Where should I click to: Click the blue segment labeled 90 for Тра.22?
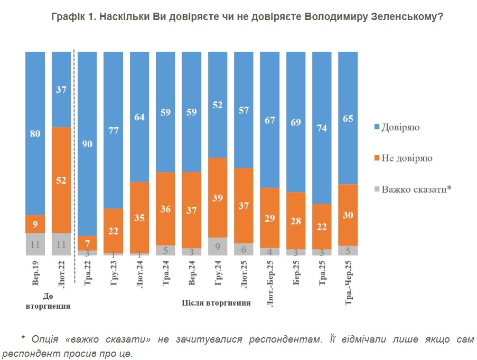[87, 143]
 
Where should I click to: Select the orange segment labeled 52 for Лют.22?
[61, 179]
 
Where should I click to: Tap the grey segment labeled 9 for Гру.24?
[217, 246]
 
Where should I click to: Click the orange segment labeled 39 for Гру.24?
[217, 197]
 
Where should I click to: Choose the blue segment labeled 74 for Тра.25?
[321, 127]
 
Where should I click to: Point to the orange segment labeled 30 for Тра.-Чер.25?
[347, 215]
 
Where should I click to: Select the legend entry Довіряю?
[400, 127]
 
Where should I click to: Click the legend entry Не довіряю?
[407, 158]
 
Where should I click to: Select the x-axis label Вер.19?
[35, 272]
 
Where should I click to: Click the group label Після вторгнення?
[216, 303]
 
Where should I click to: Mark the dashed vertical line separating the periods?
[74, 153]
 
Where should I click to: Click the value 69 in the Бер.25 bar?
[295, 122]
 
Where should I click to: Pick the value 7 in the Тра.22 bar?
[87, 243]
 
